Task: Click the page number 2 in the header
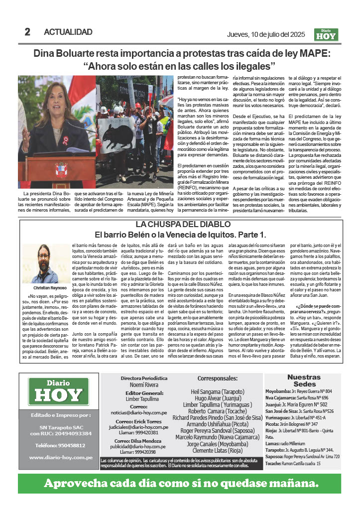[x=27, y=32]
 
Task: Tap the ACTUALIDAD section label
[x=68, y=32]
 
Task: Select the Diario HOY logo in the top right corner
[x=326, y=34]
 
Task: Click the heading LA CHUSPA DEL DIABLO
[x=180, y=224]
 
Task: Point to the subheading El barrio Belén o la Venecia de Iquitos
[x=180, y=234]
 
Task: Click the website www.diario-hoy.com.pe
[x=59, y=456]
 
